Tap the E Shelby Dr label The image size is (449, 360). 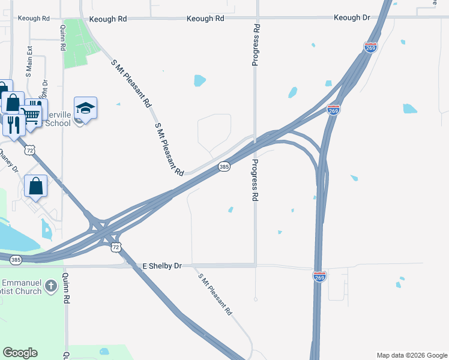[x=161, y=265]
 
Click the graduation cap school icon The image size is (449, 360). [x=86, y=108]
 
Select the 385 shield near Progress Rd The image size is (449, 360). [x=223, y=166]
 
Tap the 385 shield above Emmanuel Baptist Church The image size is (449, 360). [x=16, y=260]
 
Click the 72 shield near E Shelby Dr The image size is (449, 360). [x=116, y=247]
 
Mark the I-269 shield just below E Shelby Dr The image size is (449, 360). [x=319, y=276]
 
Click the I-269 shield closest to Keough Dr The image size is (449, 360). [x=370, y=47]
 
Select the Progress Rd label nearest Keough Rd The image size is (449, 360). [x=256, y=45]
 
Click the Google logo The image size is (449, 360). [x=20, y=353]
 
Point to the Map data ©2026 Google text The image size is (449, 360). [x=411, y=355]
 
